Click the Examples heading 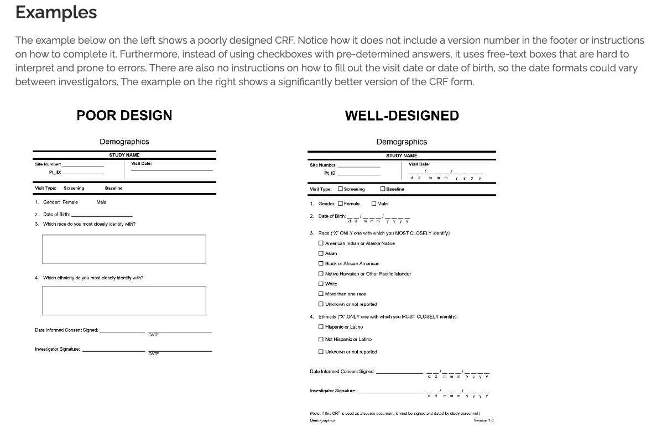56,12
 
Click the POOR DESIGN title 124,115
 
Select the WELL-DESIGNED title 402,116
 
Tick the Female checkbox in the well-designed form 340,204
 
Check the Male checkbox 374,204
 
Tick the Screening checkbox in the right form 340,189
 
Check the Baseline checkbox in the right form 383,189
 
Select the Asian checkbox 321,253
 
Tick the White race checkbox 321,284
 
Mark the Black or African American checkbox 321,263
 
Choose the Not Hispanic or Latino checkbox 321,339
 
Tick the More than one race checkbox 321,294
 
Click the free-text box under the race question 124,249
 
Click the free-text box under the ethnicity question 124,301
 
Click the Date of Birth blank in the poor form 102,215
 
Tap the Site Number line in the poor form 83,165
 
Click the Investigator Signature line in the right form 390,392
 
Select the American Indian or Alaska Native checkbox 321,243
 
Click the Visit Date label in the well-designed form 419,164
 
